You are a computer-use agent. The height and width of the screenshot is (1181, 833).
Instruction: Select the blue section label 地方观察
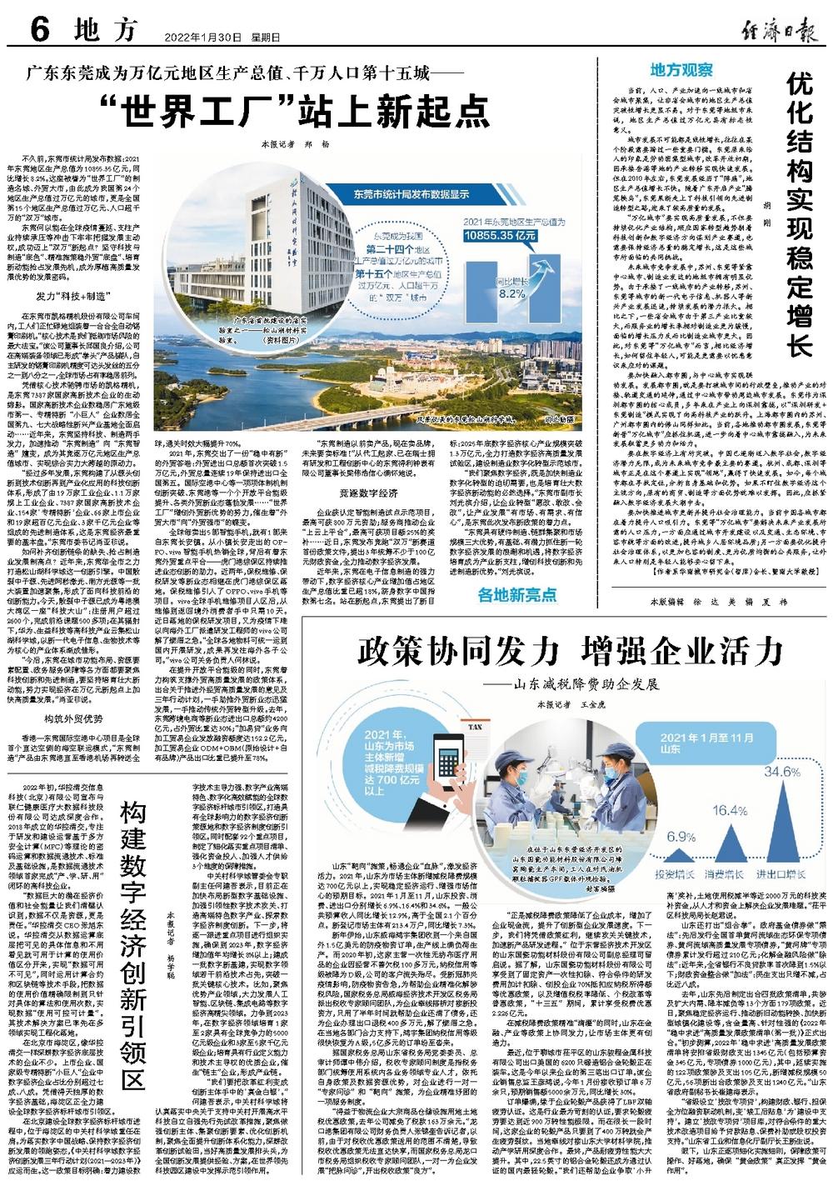pyautogui.click(x=681, y=69)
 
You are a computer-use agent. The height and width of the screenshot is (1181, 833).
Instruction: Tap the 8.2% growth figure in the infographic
pyautogui.click(x=511, y=293)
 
